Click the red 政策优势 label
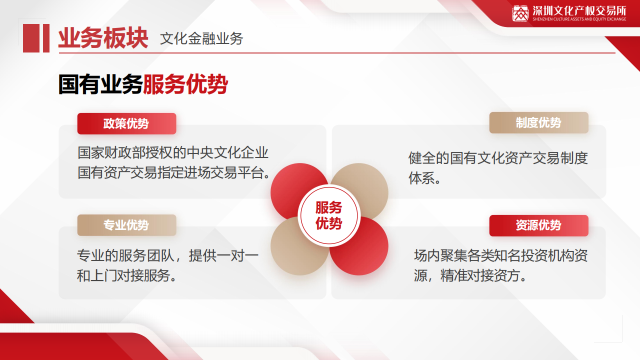coord(126,123)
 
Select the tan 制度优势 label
coord(538,123)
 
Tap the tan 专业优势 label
coord(126,225)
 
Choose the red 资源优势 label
coord(538,225)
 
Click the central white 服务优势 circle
coord(329,215)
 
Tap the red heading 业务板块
coord(103,38)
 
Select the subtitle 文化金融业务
coord(201,39)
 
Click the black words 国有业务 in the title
coord(100,84)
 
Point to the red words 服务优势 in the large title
coord(185,84)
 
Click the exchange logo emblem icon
coord(520,13)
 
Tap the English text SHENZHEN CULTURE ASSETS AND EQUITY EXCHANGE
coord(579,19)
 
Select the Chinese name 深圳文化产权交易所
coord(579,10)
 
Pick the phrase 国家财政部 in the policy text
coord(111,153)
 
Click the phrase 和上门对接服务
coord(123,275)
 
